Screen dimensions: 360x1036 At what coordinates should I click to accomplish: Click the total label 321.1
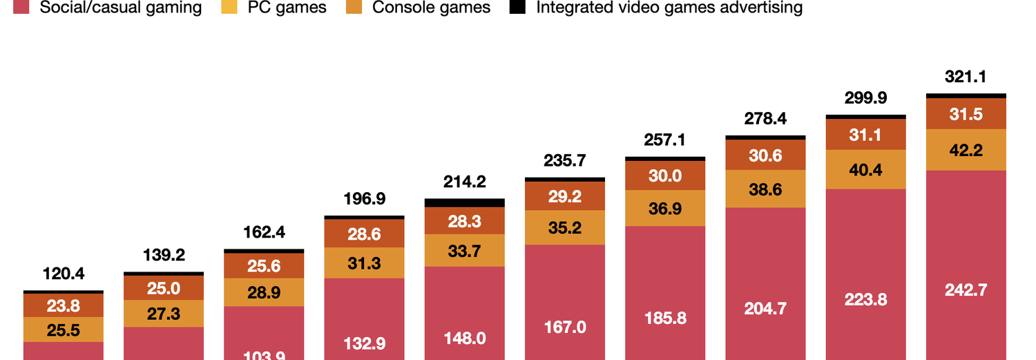pos(966,77)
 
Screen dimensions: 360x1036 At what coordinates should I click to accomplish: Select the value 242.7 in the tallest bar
pos(966,290)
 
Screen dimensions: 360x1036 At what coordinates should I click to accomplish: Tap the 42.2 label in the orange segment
pos(966,150)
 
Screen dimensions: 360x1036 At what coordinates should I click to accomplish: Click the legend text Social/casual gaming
pos(121,8)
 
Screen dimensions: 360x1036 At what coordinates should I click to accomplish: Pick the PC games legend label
pos(287,8)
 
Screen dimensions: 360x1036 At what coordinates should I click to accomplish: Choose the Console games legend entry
pos(431,8)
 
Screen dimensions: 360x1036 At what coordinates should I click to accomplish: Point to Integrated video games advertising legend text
pos(669,8)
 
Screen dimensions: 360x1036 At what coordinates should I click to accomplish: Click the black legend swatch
pos(517,8)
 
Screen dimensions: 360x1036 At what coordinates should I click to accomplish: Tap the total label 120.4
pos(63,274)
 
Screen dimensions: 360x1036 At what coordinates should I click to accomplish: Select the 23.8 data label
pos(63,305)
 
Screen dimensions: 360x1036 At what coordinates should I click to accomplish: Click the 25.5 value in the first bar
pos(63,330)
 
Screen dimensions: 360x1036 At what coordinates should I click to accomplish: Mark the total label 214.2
pos(464,182)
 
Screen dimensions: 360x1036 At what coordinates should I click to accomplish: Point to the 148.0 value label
pos(464,338)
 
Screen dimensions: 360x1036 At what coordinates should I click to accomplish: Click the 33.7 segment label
pos(464,251)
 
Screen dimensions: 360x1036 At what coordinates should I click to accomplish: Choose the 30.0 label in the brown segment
pos(665,176)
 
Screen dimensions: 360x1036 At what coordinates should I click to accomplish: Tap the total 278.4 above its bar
pos(765,119)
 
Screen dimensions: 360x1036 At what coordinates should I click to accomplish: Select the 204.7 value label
pos(765,308)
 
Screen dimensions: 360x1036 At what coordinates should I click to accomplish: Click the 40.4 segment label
pos(865,169)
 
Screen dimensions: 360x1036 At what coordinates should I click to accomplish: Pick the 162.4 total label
pos(264,231)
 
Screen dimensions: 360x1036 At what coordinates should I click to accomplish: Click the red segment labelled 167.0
pos(565,326)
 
